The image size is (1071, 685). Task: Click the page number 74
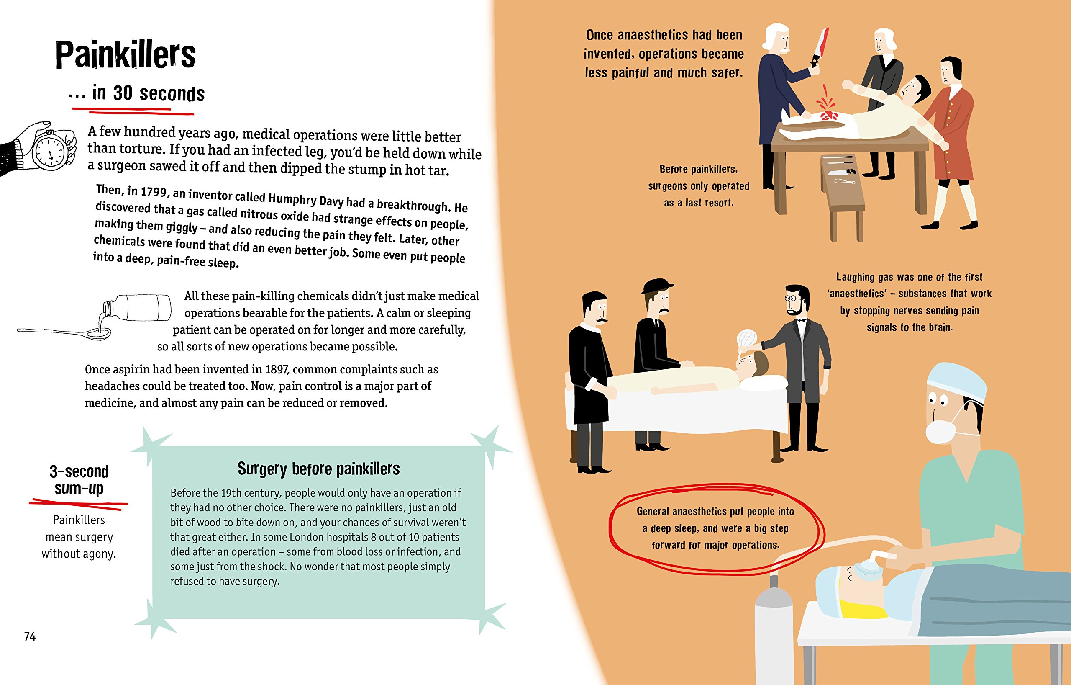click(x=30, y=636)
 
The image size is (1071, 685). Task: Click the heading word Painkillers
click(x=126, y=55)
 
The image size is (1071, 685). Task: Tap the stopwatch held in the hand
click(x=50, y=150)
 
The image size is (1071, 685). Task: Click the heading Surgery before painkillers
click(x=318, y=469)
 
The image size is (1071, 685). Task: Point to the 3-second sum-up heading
click(x=79, y=479)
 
